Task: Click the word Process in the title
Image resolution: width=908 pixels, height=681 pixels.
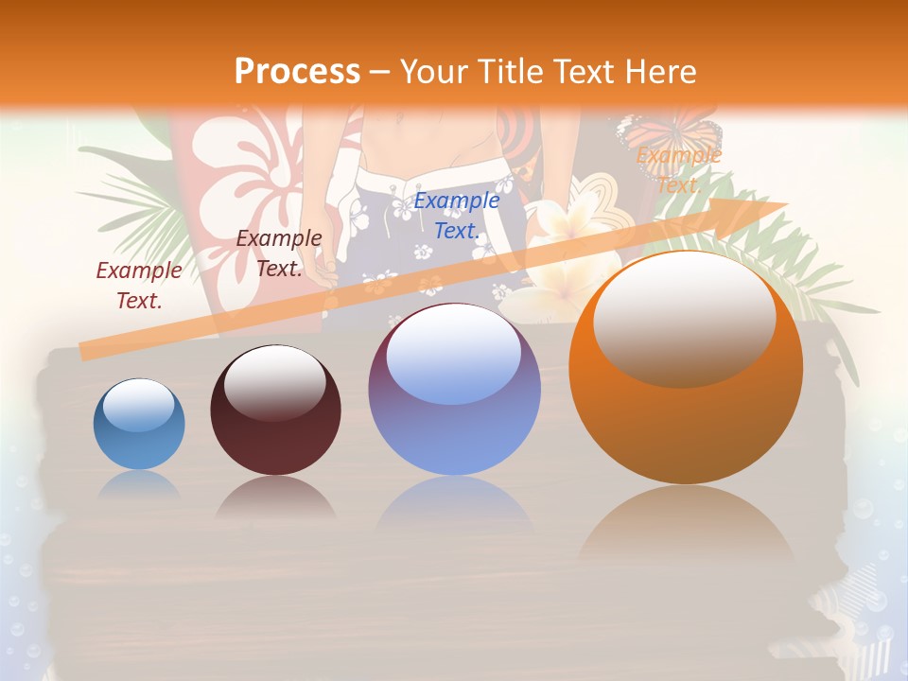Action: tap(297, 72)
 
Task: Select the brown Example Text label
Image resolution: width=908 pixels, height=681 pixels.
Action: tap(279, 253)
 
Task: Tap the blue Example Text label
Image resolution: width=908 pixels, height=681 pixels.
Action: tap(457, 215)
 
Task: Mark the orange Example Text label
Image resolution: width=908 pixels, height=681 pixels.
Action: tap(678, 169)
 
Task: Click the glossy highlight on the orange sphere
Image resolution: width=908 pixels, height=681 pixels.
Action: tap(684, 317)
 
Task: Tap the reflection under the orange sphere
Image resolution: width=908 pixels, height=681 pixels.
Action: tap(686, 530)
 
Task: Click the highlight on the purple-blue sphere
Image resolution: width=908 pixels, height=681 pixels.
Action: tap(454, 355)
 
